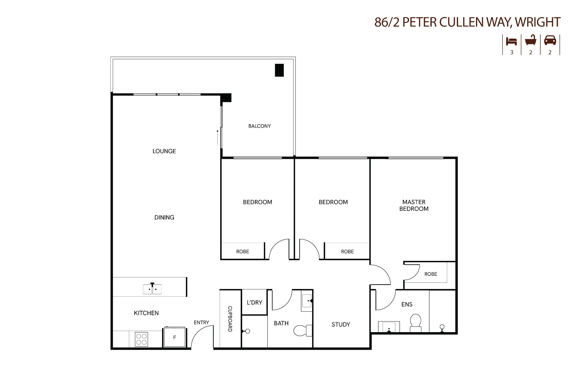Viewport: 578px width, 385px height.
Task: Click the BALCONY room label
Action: click(260, 126)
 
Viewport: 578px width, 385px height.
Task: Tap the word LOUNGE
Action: click(164, 151)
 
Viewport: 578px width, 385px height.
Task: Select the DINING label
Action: click(164, 217)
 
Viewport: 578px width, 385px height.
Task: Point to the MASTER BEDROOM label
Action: click(414, 205)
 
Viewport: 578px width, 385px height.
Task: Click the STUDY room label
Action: click(341, 325)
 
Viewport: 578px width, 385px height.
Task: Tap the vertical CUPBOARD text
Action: click(230, 319)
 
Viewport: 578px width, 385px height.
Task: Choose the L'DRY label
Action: click(254, 302)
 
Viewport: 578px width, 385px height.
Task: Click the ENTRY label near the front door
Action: click(201, 323)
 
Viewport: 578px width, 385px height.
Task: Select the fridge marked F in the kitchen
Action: click(175, 337)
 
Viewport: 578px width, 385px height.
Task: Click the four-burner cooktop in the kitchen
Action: click(141, 339)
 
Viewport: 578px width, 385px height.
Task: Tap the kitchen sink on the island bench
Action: click(152, 289)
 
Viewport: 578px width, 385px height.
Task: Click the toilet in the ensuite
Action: click(416, 323)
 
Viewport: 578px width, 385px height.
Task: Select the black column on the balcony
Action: click(279, 70)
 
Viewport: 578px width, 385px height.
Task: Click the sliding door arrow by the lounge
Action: click(218, 137)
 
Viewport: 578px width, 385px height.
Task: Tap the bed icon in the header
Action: click(511, 41)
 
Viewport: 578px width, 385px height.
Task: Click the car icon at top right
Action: click(550, 40)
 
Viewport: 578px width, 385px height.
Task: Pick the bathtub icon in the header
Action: click(531, 40)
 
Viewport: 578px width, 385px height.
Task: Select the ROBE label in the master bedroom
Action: click(431, 274)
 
